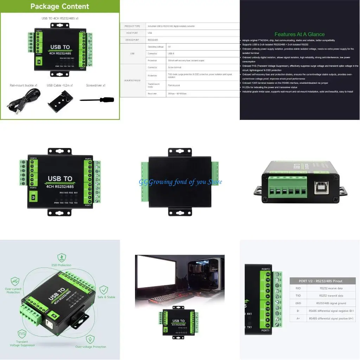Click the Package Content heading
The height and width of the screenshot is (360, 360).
(60, 6)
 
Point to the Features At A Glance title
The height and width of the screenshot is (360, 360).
(300, 34)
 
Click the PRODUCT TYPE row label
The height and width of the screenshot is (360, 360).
(132, 26)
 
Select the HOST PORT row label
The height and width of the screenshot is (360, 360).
(132, 33)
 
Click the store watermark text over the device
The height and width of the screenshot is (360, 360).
(180, 182)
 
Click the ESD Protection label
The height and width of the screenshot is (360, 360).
(62, 265)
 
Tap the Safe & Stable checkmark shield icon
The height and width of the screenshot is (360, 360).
(104, 290)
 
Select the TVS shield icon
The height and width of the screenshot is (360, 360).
(22, 334)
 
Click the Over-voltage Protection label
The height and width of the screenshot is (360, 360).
(91, 347)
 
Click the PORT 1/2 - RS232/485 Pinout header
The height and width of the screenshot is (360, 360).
(320, 281)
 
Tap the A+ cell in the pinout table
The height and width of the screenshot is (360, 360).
(298, 319)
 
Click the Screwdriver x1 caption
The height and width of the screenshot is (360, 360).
(96, 85)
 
